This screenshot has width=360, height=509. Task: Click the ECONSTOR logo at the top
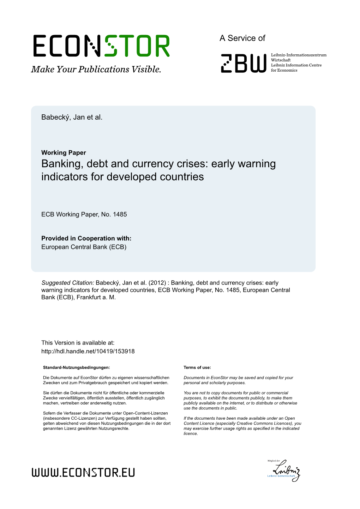point(102,46)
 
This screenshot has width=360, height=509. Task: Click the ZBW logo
point(244,63)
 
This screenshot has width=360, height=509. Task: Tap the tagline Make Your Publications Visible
point(96,70)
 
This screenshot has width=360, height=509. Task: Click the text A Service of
point(242,38)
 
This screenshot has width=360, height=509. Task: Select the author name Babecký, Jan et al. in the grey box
point(72,117)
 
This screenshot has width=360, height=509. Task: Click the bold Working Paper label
point(64,152)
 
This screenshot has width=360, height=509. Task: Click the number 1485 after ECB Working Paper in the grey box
point(120,214)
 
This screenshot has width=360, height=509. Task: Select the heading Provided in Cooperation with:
point(86,238)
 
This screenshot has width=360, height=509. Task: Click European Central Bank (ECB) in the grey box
point(84,247)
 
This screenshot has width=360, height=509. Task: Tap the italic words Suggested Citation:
point(68,283)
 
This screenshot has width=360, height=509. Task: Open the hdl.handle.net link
point(88,351)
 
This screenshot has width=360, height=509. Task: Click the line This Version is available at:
point(78,343)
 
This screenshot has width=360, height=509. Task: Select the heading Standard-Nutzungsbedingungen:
point(76,367)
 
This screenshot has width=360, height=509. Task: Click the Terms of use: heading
point(197,367)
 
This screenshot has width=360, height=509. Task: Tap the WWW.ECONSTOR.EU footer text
point(83,472)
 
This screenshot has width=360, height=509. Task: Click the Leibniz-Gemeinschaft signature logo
point(284,470)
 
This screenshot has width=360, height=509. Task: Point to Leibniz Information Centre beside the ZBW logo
point(296,65)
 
